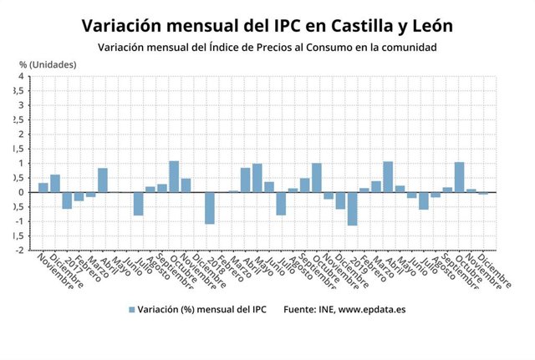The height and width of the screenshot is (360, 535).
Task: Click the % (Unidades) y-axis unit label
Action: coord(48,64)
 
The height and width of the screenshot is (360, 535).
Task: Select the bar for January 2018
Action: coord(210,208)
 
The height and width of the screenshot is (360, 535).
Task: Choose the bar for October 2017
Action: coord(174,176)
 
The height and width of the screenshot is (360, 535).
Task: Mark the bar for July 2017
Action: coord(138,204)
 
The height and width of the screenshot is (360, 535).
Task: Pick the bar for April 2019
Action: coord(388,176)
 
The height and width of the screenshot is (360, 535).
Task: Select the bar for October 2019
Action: coord(459,177)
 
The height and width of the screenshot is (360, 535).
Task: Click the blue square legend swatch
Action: coord(131,310)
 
